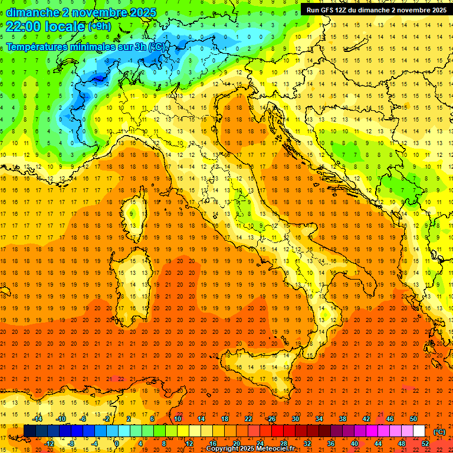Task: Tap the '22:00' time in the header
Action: (23, 27)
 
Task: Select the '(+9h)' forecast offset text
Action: (99, 27)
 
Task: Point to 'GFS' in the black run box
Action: (333, 9)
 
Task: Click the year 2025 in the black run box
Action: (436, 9)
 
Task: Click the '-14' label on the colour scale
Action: (37, 419)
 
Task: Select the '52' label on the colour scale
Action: (425, 444)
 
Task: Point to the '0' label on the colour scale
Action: (117, 444)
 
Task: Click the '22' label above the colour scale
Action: (248, 419)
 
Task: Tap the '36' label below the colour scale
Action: (330, 444)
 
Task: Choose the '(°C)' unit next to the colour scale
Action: (439, 431)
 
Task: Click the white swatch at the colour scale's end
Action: (419, 431)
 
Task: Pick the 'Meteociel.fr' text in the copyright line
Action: (275, 449)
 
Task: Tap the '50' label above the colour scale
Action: (413, 419)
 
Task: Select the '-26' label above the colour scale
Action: (271, 419)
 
